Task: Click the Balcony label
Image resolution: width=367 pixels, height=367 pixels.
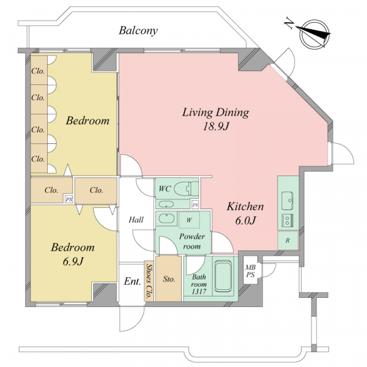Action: point(138,31)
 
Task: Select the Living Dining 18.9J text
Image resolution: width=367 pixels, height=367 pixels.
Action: point(215,119)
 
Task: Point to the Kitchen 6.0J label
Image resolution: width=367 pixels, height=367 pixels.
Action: point(245,213)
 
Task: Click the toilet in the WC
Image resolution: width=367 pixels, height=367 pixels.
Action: point(187,188)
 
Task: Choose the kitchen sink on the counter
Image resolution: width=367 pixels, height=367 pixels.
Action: point(287,201)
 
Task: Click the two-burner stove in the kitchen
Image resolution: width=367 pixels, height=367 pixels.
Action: point(287,220)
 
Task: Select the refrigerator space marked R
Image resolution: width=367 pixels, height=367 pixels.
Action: point(288,240)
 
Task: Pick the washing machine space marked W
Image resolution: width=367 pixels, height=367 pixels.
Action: point(189,220)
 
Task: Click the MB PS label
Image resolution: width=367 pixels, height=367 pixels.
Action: point(250,270)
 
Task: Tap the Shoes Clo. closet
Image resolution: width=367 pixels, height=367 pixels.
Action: point(149,281)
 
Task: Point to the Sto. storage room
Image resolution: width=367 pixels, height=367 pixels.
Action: point(169,278)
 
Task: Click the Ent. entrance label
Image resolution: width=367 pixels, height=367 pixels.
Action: point(132,281)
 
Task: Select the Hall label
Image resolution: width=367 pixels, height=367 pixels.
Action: point(136,220)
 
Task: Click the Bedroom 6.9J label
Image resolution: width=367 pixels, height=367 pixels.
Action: point(73,254)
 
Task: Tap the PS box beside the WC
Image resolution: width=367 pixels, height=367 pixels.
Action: point(195,205)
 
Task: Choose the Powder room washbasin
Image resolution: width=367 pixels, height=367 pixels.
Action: point(166,219)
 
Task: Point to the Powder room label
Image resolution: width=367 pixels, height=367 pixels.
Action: point(192,242)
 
